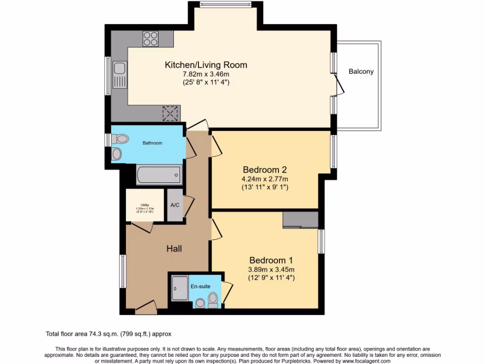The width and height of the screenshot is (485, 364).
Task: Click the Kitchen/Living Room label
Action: coord(206,65)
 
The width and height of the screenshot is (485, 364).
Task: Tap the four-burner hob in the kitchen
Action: coord(151,38)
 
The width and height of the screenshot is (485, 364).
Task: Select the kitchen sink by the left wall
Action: coord(119,76)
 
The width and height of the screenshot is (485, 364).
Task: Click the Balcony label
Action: coord(361,72)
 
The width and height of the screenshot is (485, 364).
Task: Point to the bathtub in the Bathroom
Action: coord(159,175)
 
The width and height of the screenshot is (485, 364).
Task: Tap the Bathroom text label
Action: coord(153,143)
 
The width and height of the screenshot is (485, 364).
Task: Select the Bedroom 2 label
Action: coord(265,170)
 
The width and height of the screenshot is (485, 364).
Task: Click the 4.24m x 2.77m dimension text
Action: coord(265,179)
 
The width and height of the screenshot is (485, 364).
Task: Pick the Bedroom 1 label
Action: coord(271,260)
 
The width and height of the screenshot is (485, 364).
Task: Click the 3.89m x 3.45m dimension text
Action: coord(271,270)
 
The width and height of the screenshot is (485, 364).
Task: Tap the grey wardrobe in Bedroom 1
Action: coord(300,220)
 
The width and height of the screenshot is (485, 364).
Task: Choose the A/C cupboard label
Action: coord(175,205)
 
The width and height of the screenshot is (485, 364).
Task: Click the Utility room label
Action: coord(145,205)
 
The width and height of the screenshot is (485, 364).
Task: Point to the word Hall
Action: coord(174,248)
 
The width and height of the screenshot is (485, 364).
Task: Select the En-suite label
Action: coord(200,286)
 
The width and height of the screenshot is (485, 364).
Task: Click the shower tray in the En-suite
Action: coord(180,288)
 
